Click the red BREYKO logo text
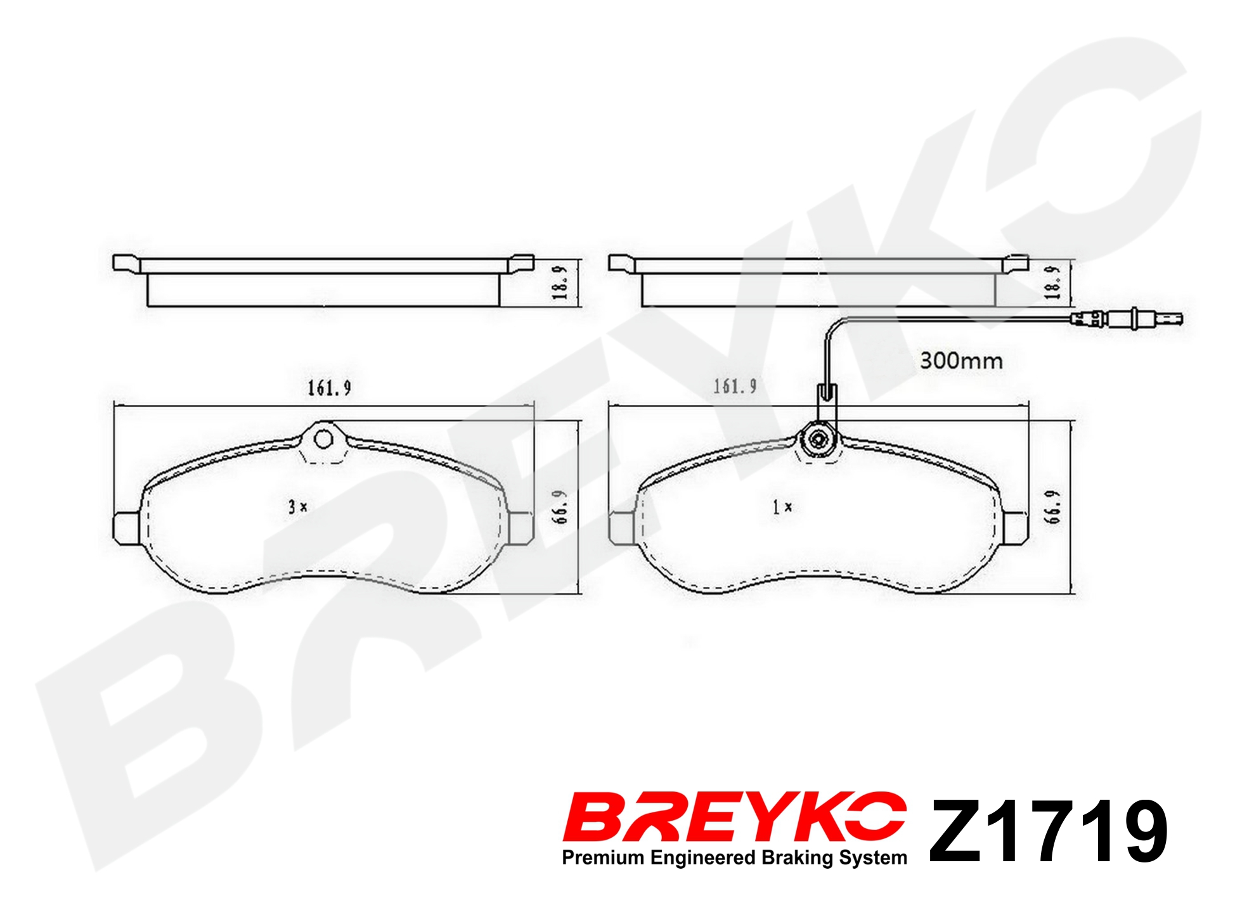734,816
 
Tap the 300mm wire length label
961,361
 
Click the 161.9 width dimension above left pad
329,388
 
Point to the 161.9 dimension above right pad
735,386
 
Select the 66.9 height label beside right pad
1053,506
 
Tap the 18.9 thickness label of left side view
559,283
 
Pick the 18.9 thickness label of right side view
1052,282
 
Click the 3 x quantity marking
297,507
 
